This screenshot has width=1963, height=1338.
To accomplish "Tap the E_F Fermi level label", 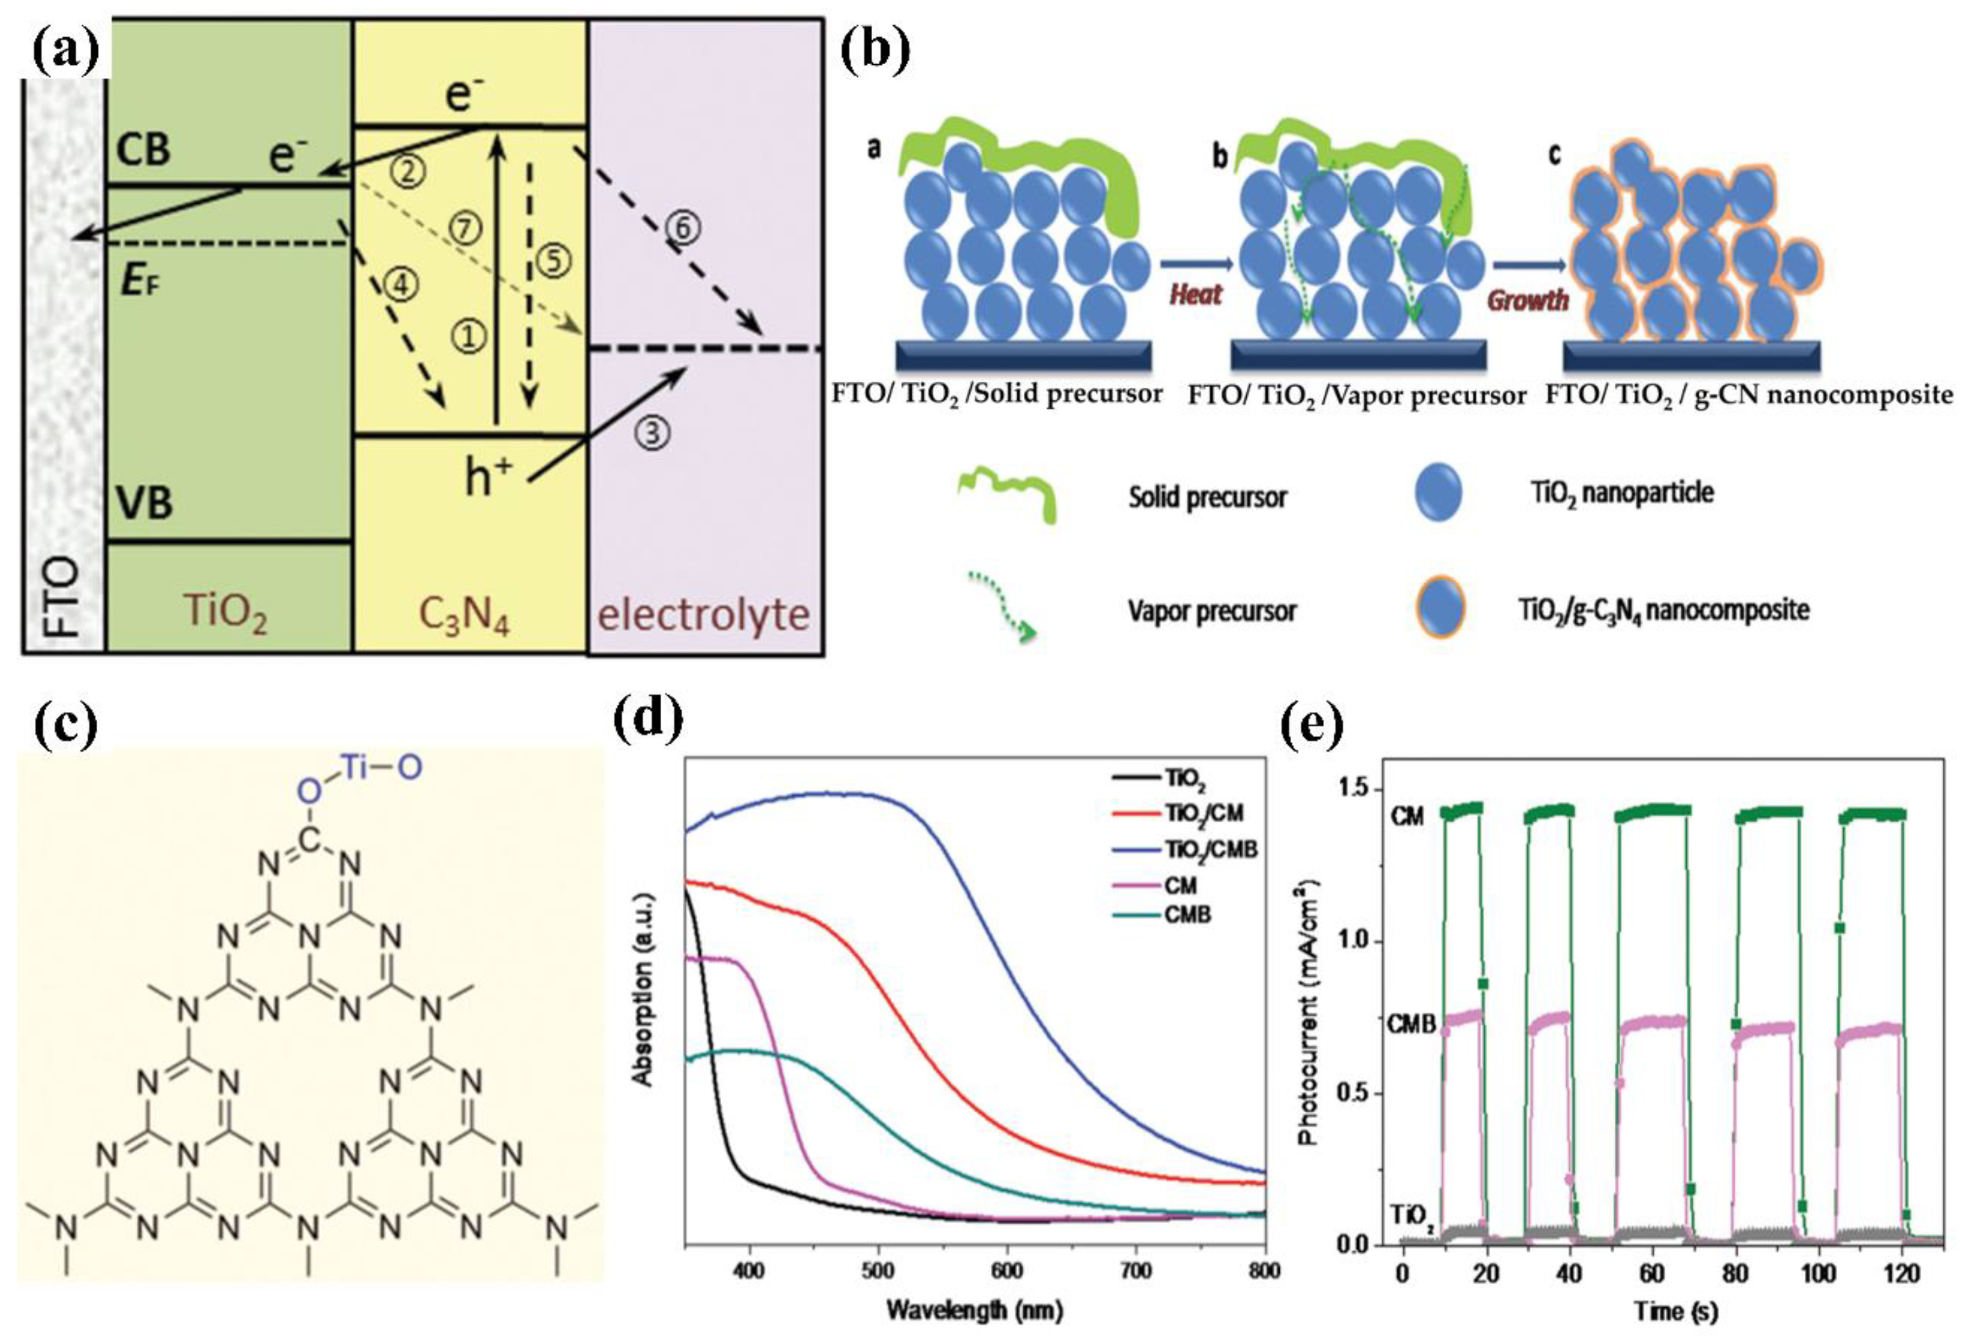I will pyautogui.click(x=140, y=281).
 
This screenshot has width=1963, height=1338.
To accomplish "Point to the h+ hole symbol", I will pyautogui.click(x=489, y=477).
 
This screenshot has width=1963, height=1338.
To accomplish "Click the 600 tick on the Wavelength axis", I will pyautogui.click(x=1007, y=1269).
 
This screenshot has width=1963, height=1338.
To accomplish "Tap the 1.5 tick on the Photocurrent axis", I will pyautogui.click(x=1356, y=790).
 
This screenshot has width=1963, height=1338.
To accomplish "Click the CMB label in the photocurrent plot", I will pyautogui.click(x=1412, y=1024).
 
